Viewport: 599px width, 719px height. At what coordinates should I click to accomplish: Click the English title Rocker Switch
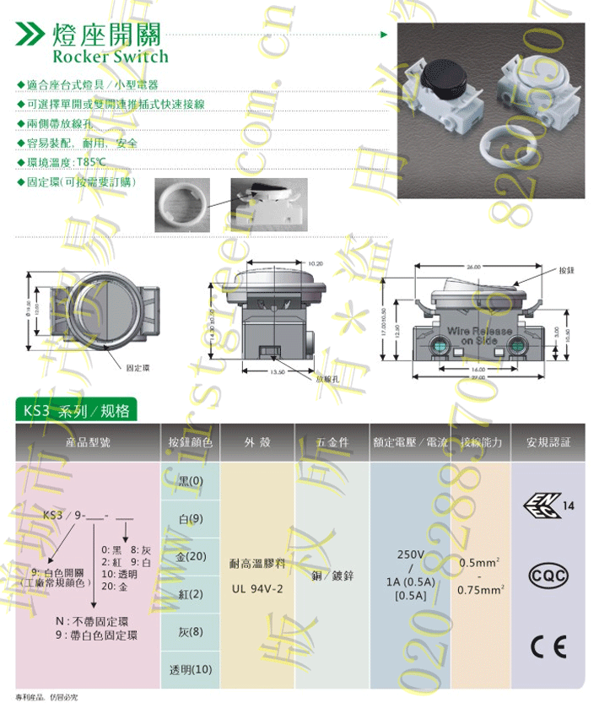pos(110,57)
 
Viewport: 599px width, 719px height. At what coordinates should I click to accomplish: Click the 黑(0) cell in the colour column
pos(190,481)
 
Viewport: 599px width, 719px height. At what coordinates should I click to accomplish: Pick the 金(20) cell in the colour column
pos(190,556)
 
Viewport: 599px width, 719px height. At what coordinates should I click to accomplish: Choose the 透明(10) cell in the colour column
pos(190,669)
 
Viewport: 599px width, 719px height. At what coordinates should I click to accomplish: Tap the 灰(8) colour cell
pos(190,631)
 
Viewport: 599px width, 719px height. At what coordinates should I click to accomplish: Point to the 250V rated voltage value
pos(411,555)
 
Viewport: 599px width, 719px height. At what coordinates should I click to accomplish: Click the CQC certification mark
pos(548,576)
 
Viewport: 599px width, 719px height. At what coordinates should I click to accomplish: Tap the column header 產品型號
pos(87,441)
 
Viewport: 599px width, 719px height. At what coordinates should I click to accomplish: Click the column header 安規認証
pos(548,441)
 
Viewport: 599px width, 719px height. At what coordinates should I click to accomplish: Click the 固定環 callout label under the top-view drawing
pos(137,369)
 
